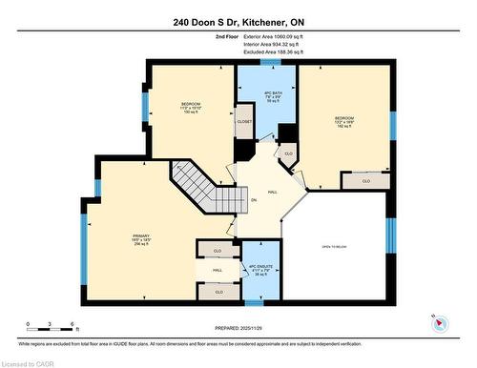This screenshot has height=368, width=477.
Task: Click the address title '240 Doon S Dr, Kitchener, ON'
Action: tap(238, 22)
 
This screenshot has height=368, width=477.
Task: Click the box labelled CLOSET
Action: tap(244, 122)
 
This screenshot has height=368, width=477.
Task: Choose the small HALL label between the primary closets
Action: tap(218, 271)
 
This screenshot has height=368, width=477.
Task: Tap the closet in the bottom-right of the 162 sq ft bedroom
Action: tap(357, 180)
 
